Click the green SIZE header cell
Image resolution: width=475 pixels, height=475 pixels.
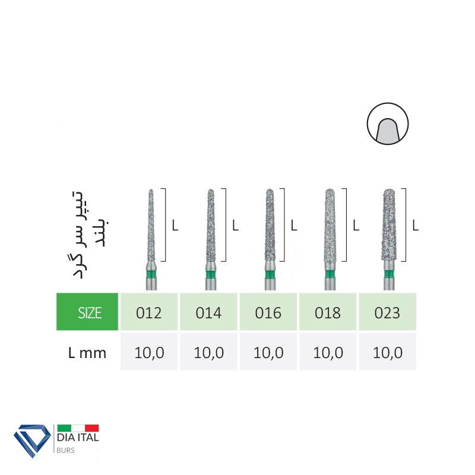pyautogui.click(x=87, y=311)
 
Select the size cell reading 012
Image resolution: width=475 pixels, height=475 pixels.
pyautogui.click(x=149, y=311)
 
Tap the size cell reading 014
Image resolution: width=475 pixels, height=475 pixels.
pyautogui.click(x=208, y=311)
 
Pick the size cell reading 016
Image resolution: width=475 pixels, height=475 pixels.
pyautogui.click(x=268, y=311)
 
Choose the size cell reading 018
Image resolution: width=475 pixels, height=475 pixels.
pyautogui.click(x=328, y=311)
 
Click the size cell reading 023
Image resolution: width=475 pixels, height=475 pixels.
pyautogui.click(x=388, y=311)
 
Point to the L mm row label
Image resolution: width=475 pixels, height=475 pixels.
pyautogui.click(x=87, y=353)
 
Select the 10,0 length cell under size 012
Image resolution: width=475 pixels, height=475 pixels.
pyautogui.click(x=149, y=351)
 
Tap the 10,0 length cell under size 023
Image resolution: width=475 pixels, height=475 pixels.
pyautogui.click(x=388, y=351)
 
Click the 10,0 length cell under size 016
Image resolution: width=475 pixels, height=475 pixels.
pyautogui.click(x=268, y=351)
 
